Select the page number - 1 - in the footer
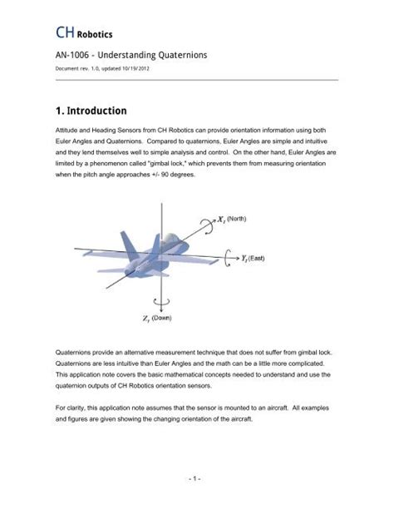pos(196,479)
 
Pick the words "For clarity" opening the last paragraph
pos(73,408)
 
